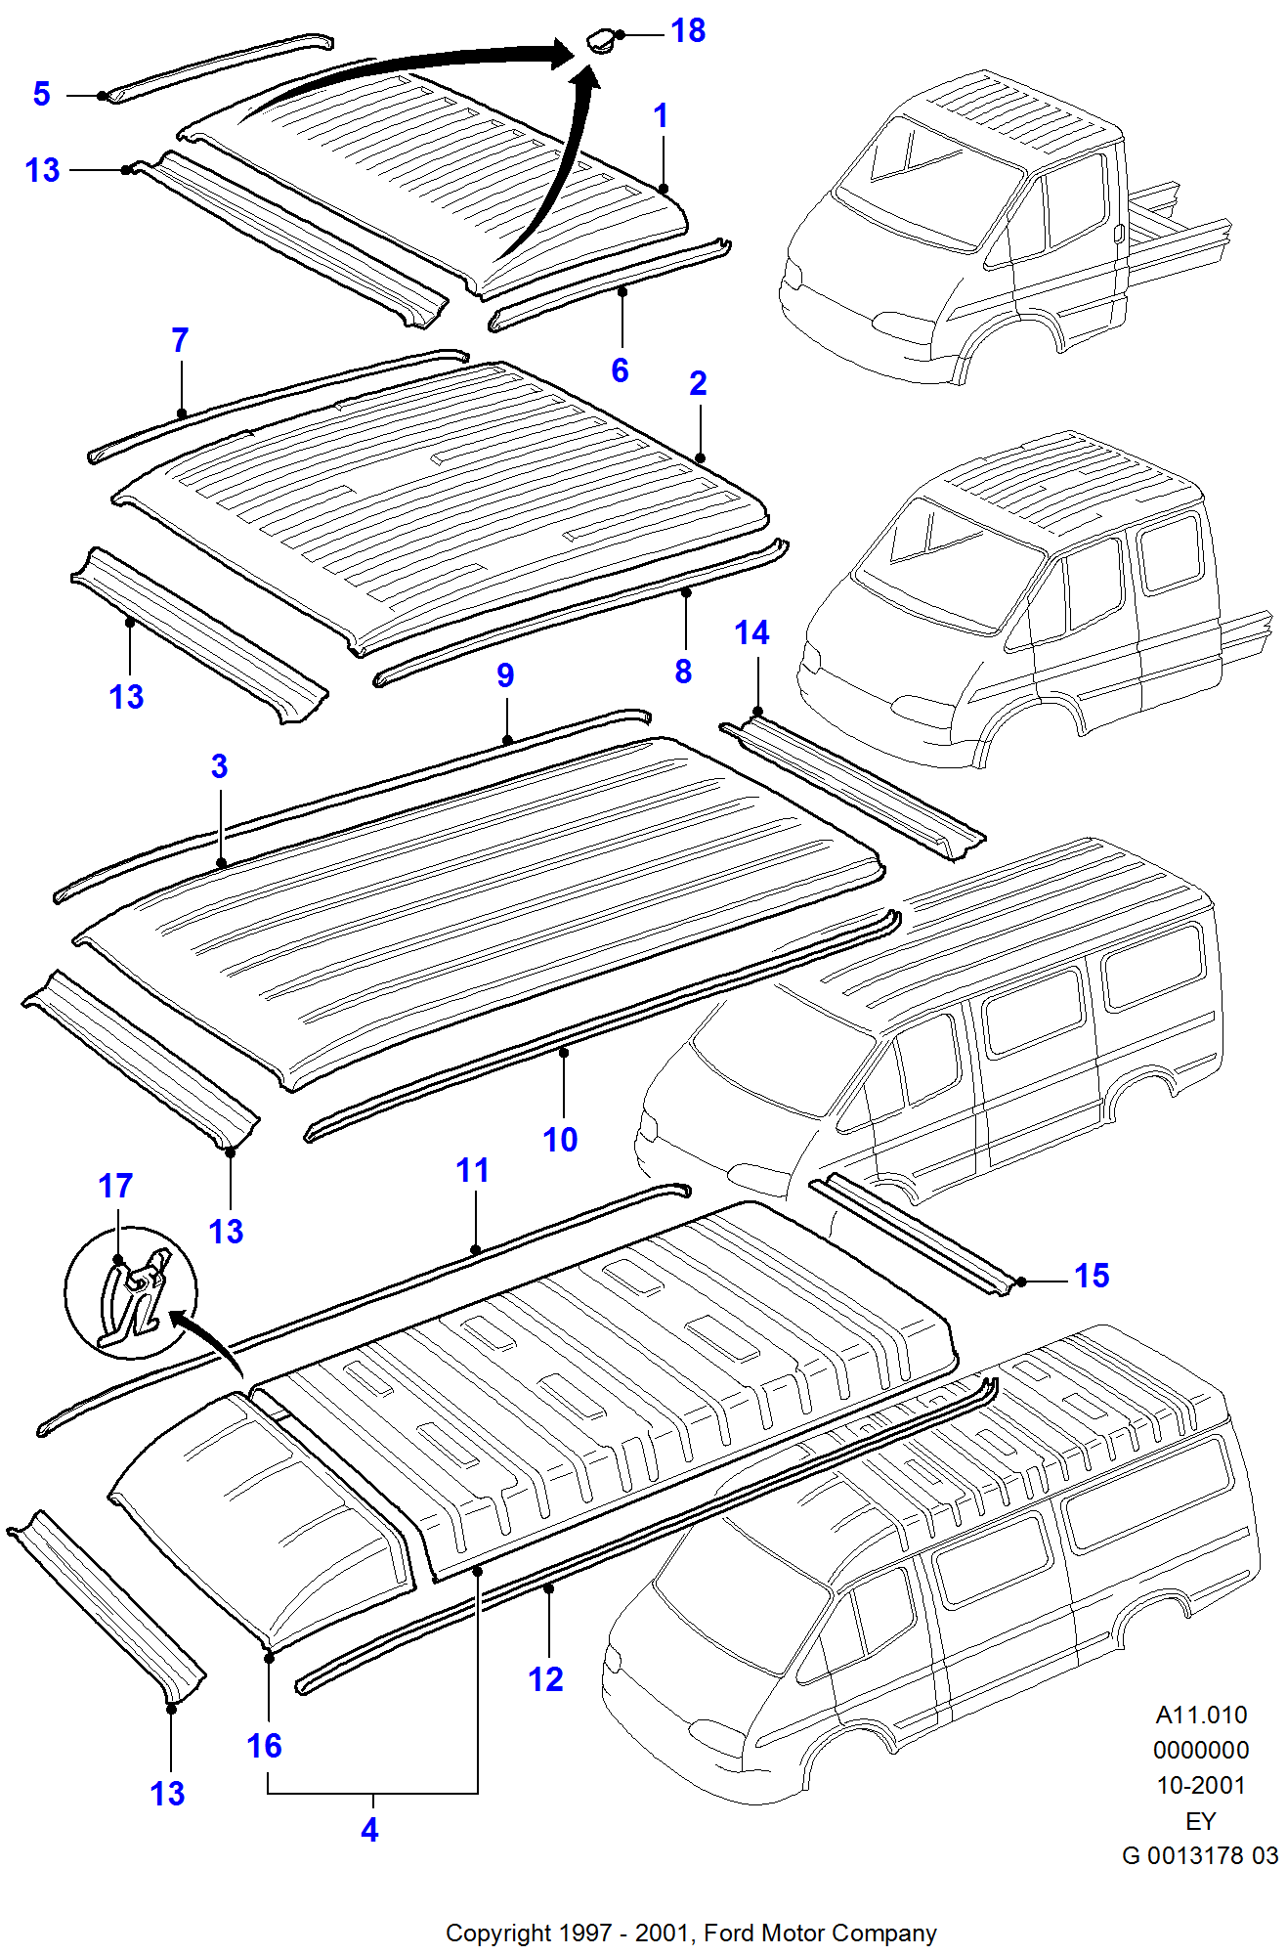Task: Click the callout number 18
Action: [688, 31]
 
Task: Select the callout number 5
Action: [41, 94]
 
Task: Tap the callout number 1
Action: [661, 116]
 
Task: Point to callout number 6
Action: [620, 370]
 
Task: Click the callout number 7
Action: [180, 340]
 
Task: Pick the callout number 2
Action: [698, 383]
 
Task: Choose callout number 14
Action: [751, 633]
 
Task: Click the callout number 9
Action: [505, 675]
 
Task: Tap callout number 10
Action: [560, 1140]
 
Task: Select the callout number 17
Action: [115, 1187]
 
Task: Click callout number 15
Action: [1092, 1276]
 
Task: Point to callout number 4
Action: [369, 1830]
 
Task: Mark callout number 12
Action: [545, 1679]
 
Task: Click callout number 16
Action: [264, 1746]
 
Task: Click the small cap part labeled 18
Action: [600, 42]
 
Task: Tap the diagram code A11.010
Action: [1201, 1715]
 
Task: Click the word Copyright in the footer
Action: [498, 1933]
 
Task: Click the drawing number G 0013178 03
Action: [1200, 1855]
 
